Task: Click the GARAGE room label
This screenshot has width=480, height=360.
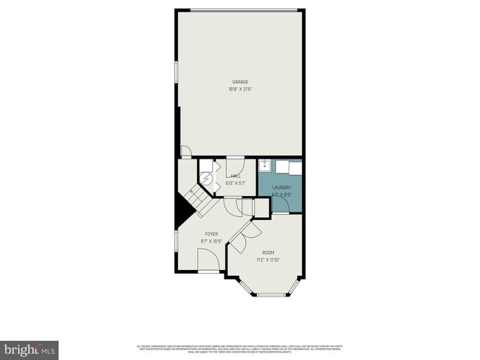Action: (x=240, y=82)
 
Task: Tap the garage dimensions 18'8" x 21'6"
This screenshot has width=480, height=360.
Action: (x=240, y=89)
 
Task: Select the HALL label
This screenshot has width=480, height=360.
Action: (x=236, y=176)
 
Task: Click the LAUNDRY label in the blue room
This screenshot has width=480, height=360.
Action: (x=281, y=188)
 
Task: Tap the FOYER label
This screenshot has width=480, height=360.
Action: (x=211, y=233)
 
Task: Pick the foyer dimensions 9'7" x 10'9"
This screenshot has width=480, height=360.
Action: (x=211, y=241)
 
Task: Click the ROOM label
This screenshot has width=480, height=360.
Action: (x=268, y=252)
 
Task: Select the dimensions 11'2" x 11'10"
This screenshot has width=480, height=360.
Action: (x=268, y=260)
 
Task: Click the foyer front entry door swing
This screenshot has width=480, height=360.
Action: (x=208, y=260)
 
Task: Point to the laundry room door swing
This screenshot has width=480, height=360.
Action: (x=281, y=206)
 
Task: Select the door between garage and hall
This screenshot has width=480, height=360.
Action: (x=236, y=163)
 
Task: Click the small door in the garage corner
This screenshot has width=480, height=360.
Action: (x=186, y=151)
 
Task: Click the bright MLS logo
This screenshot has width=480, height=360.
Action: (x=30, y=347)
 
